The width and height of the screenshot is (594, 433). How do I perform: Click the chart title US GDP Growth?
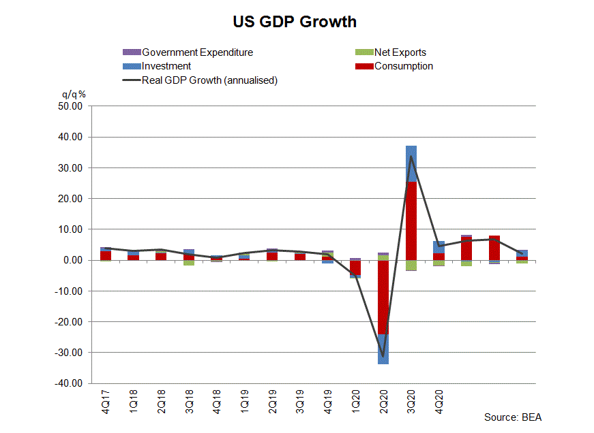tap(294, 22)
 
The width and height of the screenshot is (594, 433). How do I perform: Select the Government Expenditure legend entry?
tap(197, 52)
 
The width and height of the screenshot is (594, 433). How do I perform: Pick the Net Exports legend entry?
tap(400, 52)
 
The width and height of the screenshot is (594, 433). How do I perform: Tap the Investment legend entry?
tap(166, 66)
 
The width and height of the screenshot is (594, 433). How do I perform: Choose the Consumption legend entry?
tap(403, 66)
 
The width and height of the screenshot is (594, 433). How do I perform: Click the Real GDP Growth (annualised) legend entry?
tap(209, 80)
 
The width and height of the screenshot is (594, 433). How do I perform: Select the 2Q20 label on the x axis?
tap(383, 400)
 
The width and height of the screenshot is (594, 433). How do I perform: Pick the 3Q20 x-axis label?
tap(411, 400)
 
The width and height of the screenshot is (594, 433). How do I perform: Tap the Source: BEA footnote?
tap(513, 417)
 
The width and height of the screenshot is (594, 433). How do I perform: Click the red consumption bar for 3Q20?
tap(411, 221)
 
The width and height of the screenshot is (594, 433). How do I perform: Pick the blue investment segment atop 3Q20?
tap(411, 163)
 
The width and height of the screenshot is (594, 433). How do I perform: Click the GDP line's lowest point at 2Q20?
tap(383, 356)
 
